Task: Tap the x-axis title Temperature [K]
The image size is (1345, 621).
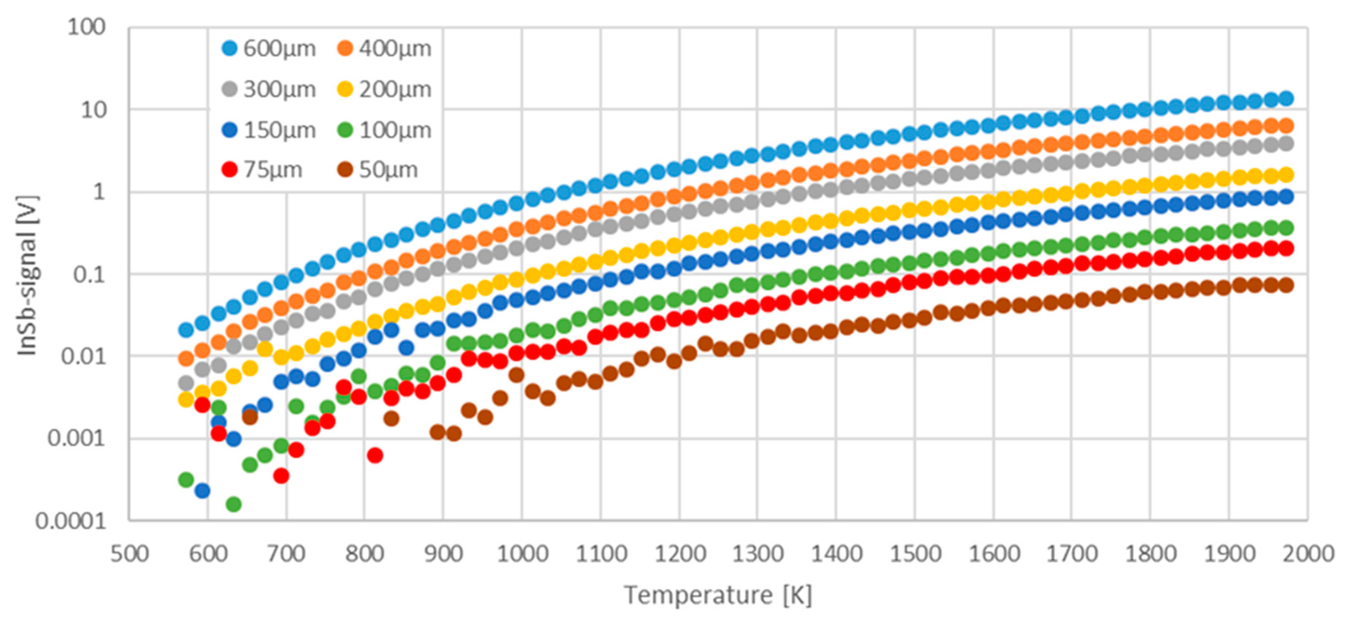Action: (718, 595)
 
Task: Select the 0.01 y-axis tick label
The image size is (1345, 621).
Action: (83, 356)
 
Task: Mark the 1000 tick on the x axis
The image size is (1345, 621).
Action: (522, 554)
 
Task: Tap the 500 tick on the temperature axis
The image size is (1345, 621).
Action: (130, 554)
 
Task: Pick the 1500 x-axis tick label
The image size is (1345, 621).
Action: (915, 554)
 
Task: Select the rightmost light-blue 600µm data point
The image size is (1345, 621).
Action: (1286, 98)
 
